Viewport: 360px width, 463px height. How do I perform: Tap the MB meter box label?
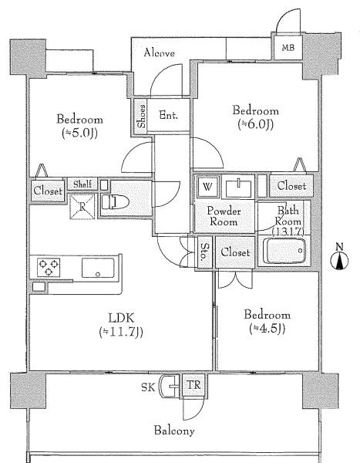[288, 47]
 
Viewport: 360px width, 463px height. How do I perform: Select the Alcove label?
[159, 52]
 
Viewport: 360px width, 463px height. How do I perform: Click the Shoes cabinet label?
[142, 116]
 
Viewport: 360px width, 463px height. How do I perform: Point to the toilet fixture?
[115, 202]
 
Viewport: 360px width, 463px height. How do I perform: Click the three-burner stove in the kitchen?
[49, 267]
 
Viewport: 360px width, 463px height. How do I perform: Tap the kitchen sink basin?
[98, 268]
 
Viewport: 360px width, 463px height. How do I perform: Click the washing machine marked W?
[207, 186]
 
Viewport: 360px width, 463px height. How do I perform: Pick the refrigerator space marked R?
[82, 206]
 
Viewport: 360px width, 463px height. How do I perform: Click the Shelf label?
[82, 184]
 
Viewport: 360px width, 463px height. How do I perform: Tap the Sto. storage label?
[204, 252]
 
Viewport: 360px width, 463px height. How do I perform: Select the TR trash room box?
[193, 385]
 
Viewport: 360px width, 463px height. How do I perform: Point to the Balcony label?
[174, 431]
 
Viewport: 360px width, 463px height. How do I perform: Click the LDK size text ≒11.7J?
[121, 332]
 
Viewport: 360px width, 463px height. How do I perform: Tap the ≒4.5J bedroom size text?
[267, 328]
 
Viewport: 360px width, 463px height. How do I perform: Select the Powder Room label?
[224, 216]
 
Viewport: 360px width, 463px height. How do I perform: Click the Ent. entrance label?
[169, 115]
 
